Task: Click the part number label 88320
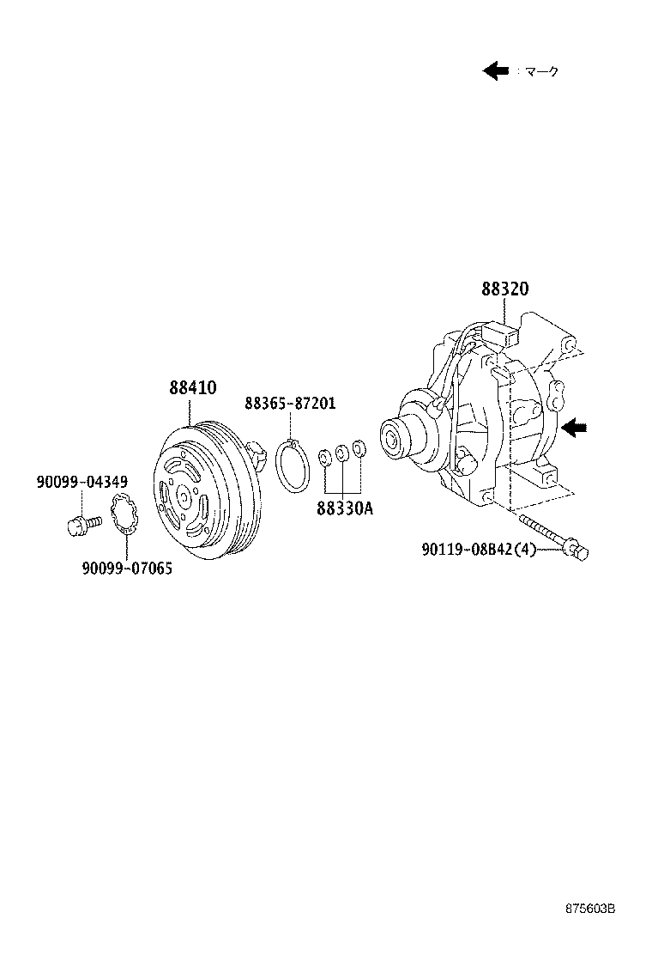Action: [504, 290]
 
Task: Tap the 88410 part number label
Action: [193, 388]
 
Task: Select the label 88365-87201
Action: [290, 403]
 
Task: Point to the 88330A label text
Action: [345, 508]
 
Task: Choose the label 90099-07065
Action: [127, 568]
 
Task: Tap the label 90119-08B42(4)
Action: [478, 549]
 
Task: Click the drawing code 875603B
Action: [590, 931]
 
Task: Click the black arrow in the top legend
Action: [496, 71]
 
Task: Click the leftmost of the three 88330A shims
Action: [325, 457]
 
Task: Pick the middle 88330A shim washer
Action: [342, 453]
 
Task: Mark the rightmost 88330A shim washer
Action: [359, 449]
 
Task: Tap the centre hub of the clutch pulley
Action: [184, 496]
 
